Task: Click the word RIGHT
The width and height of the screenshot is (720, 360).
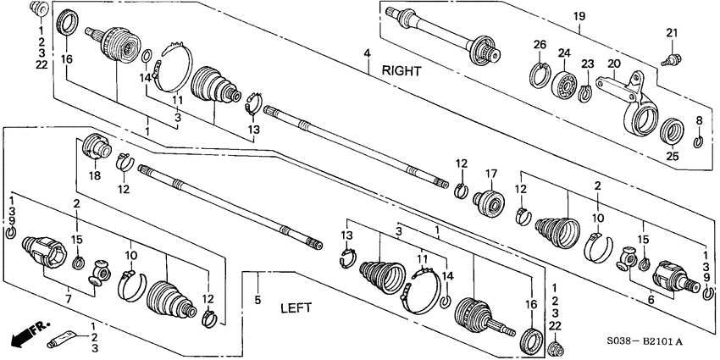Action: (402, 71)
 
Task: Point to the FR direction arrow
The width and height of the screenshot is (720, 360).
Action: (26, 333)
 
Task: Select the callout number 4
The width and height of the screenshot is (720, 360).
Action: (368, 55)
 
